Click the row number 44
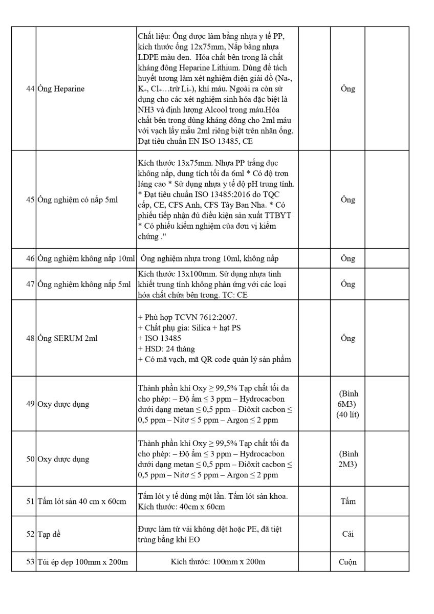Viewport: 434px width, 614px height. point(30,89)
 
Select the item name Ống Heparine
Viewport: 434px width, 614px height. point(61,89)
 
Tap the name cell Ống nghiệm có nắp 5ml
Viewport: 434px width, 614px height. point(77,200)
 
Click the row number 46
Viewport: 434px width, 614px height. point(30,258)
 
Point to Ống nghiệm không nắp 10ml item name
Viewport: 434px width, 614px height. point(86,258)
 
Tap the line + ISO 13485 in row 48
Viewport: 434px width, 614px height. point(160,338)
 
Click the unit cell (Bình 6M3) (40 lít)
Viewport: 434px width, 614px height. point(348,404)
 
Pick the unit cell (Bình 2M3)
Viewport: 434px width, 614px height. point(348,459)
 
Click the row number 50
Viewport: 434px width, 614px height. point(30,459)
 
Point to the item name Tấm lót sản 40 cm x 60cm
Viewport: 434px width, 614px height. point(81,501)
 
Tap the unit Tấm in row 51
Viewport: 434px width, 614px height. point(348,501)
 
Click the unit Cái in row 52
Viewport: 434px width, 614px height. point(348,534)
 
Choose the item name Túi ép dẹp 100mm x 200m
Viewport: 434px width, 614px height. point(82,562)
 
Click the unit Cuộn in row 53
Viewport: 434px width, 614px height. point(348,562)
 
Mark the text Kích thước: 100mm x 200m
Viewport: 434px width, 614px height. point(218,562)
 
